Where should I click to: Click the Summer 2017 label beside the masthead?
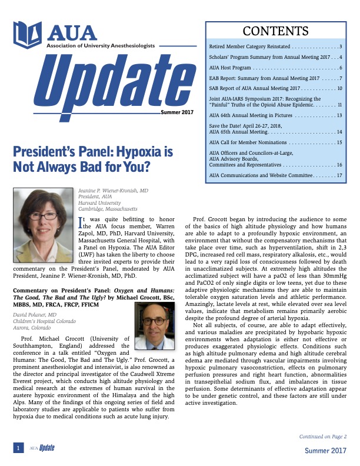pos(177,112)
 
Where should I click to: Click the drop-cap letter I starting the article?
pos(81,221)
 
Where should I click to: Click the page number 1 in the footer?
pos(19,448)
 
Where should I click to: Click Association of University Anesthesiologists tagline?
pos(99,45)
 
